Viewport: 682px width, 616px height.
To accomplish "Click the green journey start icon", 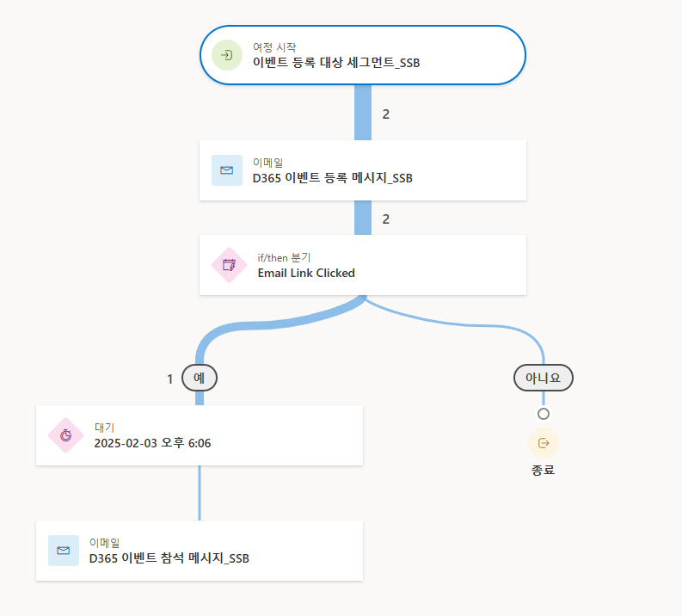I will [227, 55].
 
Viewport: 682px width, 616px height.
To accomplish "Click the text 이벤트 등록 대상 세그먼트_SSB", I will [336, 63].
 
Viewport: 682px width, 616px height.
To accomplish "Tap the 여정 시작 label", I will [274, 47].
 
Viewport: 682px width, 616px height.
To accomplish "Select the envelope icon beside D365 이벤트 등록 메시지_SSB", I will [227, 170].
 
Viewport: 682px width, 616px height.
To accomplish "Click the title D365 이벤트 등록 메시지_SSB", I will [332, 178].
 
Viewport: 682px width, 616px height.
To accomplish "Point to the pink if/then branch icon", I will [229, 265].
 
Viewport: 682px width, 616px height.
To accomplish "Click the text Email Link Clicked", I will [306, 273].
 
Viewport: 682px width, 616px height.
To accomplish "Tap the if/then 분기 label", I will [284, 257].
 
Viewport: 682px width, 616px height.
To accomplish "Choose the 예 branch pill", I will [200, 378].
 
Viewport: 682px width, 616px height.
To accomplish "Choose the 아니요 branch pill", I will [543, 378].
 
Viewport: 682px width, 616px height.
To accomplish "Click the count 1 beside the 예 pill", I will [170, 379].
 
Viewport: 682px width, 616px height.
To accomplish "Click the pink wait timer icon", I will [65, 435].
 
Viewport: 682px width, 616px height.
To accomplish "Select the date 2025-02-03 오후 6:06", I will [152, 443].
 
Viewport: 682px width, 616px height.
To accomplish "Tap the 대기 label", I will [104, 428].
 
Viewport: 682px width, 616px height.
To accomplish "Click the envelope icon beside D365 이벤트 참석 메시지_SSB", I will [64, 551].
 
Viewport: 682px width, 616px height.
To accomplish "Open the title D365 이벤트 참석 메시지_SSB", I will [169, 558].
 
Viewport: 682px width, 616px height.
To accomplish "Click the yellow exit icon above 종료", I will [544, 443].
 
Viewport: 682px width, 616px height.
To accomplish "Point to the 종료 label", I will [544, 471].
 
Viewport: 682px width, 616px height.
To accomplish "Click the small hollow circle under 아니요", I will [544, 414].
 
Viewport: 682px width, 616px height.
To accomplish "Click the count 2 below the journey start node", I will [386, 114].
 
